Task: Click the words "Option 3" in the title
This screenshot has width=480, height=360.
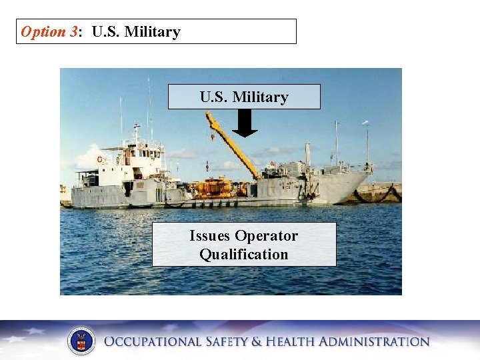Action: click(49, 31)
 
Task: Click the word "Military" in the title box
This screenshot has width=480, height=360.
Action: click(154, 31)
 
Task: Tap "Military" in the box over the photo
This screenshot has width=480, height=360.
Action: click(261, 97)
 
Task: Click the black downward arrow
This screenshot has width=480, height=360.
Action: click(245, 123)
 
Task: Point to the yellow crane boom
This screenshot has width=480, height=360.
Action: click(230, 143)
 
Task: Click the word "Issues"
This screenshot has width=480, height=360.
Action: click(211, 236)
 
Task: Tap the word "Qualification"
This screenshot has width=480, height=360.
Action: click(244, 254)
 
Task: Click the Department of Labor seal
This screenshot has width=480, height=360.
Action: click(81, 341)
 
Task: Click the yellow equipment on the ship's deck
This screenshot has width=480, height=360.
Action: click(213, 187)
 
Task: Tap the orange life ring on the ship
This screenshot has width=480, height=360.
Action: click(100, 160)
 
